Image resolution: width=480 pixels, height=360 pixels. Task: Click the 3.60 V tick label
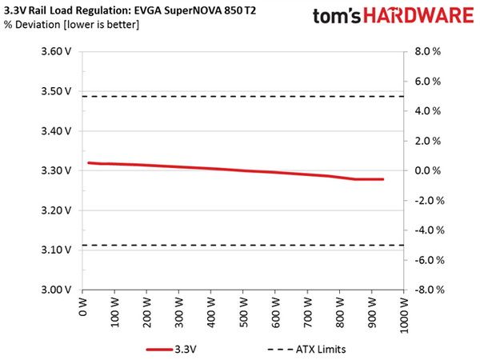[x=56, y=51]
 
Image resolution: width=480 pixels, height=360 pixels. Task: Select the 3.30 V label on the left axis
[x=56, y=170]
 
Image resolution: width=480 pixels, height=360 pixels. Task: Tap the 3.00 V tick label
[x=56, y=290]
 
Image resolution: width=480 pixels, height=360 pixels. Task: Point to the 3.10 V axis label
[x=56, y=250]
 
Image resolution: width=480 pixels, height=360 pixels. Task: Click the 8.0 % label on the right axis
[x=428, y=51]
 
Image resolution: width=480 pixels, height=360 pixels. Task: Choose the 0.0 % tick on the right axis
[x=428, y=170]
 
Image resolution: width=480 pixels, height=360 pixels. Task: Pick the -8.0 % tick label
[x=429, y=290]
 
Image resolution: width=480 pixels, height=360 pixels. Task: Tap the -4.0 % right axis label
[x=429, y=230]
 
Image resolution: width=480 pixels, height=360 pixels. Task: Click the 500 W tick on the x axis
[x=243, y=312]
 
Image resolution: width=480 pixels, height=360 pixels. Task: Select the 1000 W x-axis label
[x=404, y=314]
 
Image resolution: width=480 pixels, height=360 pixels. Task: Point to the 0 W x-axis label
[x=83, y=306]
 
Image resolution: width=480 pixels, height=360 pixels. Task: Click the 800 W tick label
[x=340, y=312]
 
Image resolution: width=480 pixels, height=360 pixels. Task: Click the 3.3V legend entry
[x=171, y=350]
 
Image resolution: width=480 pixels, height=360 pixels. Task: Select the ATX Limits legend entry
[x=306, y=350]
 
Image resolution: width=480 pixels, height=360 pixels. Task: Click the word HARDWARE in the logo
[x=418, y=16]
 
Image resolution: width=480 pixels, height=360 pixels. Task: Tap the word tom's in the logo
[x=337, y=16]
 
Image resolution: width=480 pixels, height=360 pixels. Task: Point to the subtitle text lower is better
[x=102, y=24]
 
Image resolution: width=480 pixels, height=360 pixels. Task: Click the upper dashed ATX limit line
[x=243, y=97]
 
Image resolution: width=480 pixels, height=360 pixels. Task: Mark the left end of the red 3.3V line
[x=89, y=163]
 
